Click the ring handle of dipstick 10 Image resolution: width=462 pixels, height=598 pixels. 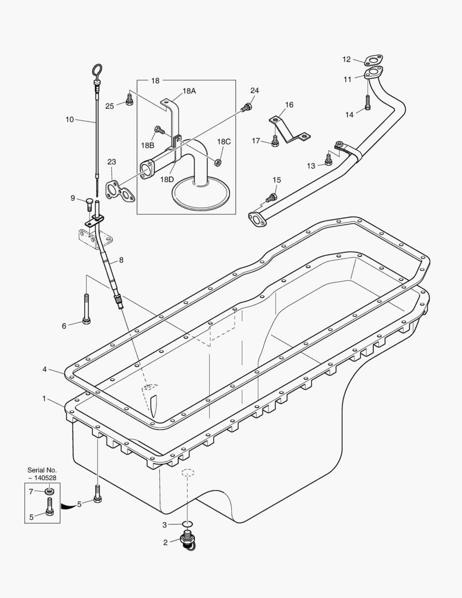(96, 71)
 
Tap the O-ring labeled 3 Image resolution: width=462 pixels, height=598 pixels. (188, 524)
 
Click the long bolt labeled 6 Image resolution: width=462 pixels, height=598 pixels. (86, 310)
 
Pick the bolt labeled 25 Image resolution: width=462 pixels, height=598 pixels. (129, 100)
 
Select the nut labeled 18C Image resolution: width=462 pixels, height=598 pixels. (218, 162)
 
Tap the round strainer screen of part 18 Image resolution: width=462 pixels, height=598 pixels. (203, 192)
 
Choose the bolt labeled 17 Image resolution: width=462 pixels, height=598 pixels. (275, 142)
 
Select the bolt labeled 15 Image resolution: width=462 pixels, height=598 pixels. (271, 197)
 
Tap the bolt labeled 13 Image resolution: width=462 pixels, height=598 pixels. (329, 160)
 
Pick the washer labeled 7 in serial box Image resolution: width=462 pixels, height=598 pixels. (50, 491)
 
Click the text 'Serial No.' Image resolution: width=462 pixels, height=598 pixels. (42, 470)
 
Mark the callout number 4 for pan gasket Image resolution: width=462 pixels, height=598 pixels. (44, 369)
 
